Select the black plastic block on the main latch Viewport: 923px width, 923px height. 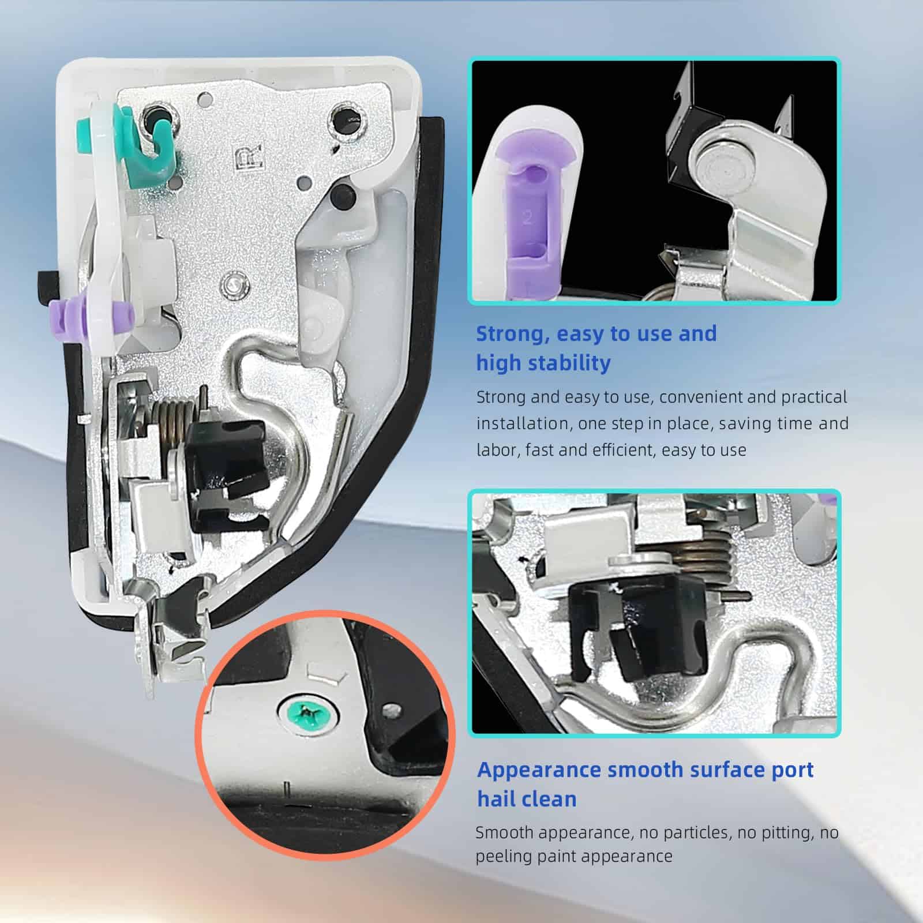tap(226, 464)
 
